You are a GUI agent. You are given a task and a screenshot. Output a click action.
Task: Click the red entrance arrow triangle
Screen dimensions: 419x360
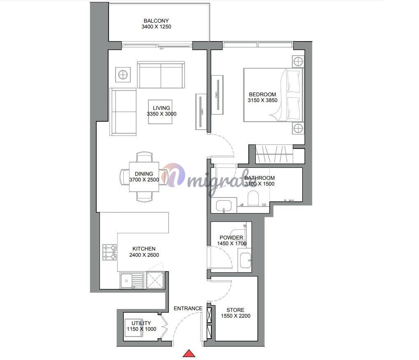click(x=189, y=353)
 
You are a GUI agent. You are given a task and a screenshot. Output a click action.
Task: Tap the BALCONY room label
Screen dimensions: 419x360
click(x=156, y=21)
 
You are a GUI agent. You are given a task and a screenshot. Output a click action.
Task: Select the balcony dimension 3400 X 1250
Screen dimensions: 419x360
click(x=156, y=27)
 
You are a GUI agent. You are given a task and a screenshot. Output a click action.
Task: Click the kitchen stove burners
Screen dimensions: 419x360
click(x=109, y=252)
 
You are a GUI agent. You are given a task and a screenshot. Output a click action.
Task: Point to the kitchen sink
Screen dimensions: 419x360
click(x=132, y=281)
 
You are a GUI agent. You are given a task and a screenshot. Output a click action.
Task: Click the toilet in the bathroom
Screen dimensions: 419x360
click(x=253, y=198)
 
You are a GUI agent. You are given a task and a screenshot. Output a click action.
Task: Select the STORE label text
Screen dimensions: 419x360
click(x=236, y=310)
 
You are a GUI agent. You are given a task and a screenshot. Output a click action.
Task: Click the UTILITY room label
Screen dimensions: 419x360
click(x=141, y=323)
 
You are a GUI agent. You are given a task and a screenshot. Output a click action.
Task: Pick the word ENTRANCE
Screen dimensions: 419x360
click(x=188, y=309)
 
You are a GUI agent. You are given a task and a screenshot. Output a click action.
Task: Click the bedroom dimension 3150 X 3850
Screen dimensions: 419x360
click(x=262, y=100)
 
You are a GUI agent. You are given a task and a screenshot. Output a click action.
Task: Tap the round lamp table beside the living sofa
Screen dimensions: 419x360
click(x=123, y=74)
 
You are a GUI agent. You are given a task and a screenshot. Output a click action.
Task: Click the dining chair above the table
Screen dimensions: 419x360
click(x=145, y=157)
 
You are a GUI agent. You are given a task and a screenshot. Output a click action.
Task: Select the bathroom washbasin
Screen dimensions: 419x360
click(x=224, y=205)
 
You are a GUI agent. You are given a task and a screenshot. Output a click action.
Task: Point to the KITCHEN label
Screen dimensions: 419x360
click(x=144, y=249)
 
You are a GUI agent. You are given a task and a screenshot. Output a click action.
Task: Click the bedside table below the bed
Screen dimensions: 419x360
click(x=298, y=129)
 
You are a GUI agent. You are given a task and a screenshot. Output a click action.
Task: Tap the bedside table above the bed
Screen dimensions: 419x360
click(x=298, y=62)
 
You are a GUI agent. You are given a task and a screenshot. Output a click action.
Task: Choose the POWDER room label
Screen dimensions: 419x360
click(x=231, y=237)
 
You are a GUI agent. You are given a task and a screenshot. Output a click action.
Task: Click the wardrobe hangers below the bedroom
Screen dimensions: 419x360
click(x=274, y=154)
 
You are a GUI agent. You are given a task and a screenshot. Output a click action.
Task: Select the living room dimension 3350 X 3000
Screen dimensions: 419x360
click(x=162, y=114)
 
